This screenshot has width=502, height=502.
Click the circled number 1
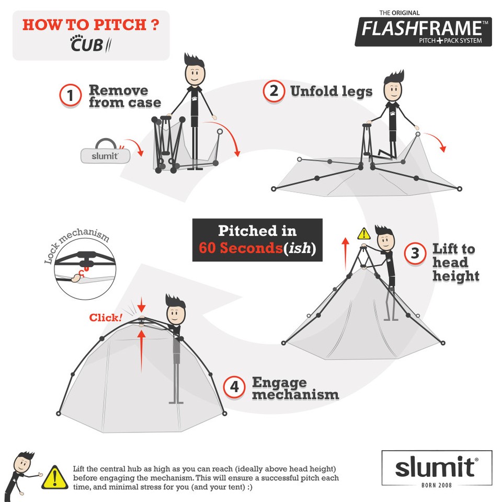click(x=70, y=96)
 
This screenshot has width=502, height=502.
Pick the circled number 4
click(x=234, y=387)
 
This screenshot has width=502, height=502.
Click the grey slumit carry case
click(x=101, y=155)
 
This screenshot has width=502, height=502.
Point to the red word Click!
click(x=106, y=317)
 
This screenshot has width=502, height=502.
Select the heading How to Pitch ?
click(x=90, y=25)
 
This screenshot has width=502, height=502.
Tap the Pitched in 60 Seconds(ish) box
click(x=257, y=239)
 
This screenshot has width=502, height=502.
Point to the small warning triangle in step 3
click(x=363, y=234)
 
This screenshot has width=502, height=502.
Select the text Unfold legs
click(x=331, y=92)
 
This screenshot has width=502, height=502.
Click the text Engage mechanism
click(x=295, y=388)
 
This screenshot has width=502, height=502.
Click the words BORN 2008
click(x=437, y=485)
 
